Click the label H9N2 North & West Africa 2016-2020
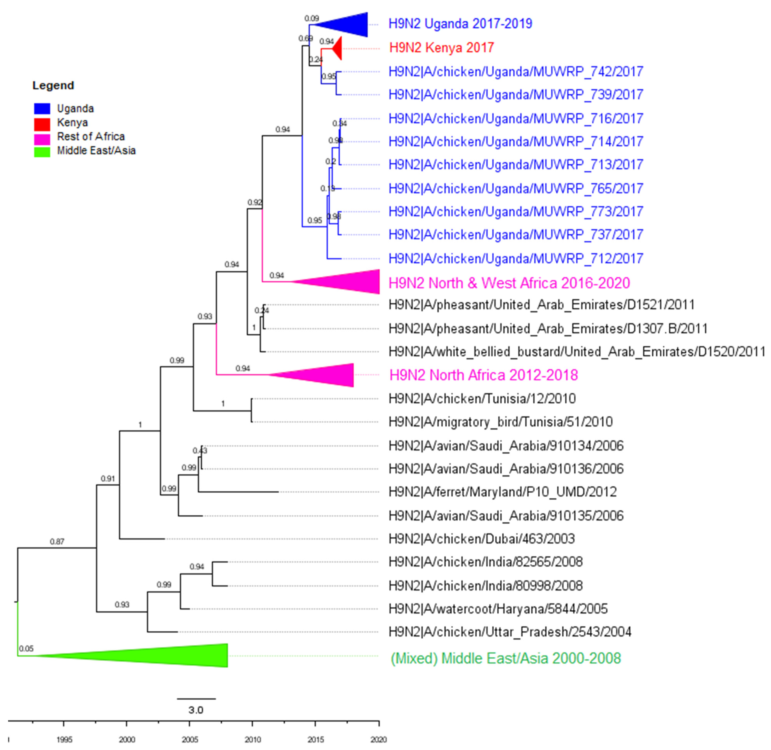[509, 283]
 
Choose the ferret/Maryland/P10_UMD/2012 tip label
[502, 492]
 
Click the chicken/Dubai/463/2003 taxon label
[481, 539]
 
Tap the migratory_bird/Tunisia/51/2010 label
[500, 422]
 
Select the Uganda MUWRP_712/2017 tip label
[516, 258]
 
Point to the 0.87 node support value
[57, 542]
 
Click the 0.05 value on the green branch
[26, 649]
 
